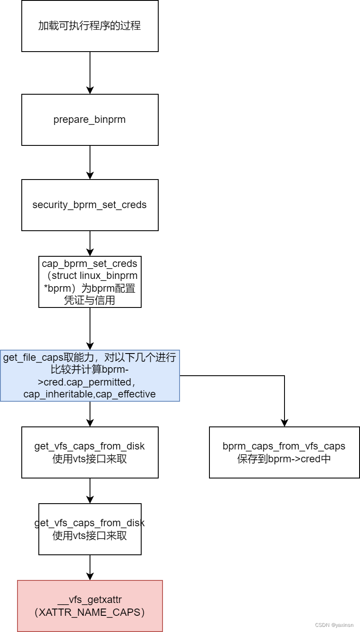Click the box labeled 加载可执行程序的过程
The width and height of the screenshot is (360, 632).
(x=90, y=26)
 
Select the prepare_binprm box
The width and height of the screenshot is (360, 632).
(x=90, y=120)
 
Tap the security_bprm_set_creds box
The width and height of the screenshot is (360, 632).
(x=90, y=205)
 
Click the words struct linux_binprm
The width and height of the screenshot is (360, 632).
(x=94, y=275)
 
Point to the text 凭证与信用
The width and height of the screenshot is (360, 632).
(x=90, y=300)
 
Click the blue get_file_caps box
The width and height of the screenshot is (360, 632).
(x=90, y=376)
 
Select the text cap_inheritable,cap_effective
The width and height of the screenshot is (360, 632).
(x=90, y=394)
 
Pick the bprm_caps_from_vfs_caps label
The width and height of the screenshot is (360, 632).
(x=284, y=446)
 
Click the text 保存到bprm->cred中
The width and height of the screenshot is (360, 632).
(x=284, y=459)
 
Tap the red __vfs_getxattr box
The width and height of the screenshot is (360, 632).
(x=90, y=606)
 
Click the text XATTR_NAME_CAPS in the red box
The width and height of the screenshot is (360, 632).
(x=90, y=612)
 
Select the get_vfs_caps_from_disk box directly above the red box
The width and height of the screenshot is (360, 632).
(x=90, y=529)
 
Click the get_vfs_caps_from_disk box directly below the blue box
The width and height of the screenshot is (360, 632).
(x=90, y=452)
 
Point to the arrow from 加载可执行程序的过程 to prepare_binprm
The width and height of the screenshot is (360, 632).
(x=90, y=72)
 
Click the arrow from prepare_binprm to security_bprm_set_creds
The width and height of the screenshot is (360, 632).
(x=90, y=162)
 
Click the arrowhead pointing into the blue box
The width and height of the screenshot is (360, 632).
(x=90, y=345)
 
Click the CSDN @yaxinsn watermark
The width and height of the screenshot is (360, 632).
(x=334, y=625)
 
